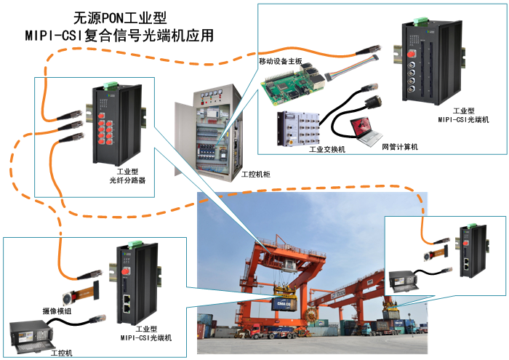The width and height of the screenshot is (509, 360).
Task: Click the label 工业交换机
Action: pyautogui.click(x=327, y=149)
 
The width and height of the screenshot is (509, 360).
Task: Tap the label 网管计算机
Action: pyautogui.click(x=400, y=147)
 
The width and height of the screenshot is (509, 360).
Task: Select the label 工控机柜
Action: pyautogui.click(x=256, y=175)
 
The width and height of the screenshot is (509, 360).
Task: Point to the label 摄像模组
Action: pyautogui.click(x=57, y=311)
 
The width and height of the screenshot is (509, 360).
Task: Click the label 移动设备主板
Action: pyautogui.click(x=280, y=60)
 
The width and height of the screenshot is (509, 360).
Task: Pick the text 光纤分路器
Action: pyautogui.click(x=127, y=180)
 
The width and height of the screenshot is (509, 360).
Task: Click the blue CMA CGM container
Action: pyautogui.click(x=284, y=305)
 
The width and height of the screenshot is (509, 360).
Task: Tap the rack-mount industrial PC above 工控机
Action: pyautogui.click(x=31, y=337)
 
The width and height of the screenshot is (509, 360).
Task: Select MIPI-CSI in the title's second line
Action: pyautogui.click(x=55, y=36)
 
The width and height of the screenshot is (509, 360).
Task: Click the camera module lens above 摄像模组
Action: pyautogui.click(x=68, y=299)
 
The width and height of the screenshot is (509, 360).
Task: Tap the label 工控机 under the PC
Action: pyautogui.click(x=61, y=353)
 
